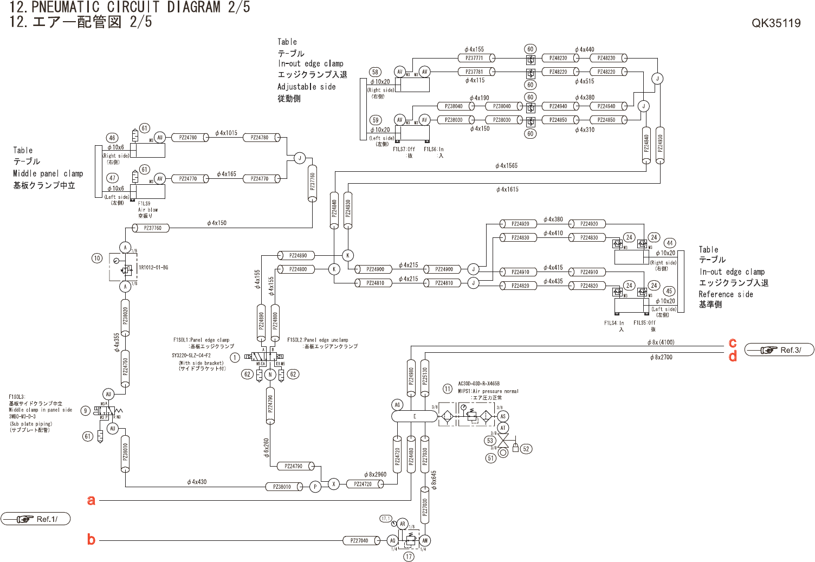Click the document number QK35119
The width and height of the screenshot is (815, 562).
click(x=775, y=23)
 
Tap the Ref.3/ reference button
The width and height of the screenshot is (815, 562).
click(x=779, y=350)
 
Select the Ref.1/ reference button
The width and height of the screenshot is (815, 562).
click(x=36, y=519)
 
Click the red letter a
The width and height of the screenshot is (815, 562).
click(x=91, y=500)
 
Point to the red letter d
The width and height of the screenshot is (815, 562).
click(x=733, y=357)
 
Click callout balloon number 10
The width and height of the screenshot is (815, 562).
click(x=97, y=258)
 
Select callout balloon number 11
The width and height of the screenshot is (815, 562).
click(x=448, y=389)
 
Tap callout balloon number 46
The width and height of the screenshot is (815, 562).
click(x=112, y=138)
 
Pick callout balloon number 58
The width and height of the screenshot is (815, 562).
click(x=375, y=72)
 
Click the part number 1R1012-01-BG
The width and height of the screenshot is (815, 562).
click(x=153, y=268)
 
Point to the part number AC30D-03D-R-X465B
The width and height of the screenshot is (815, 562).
click(x=479, y=384)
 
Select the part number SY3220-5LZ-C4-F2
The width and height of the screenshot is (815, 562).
click(x=191, y=356)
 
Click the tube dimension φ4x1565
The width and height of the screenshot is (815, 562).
click(x=506, y=166)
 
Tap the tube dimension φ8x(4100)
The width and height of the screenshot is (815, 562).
click(x=661, y=343)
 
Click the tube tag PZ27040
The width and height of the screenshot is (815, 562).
click(x=359, y=540)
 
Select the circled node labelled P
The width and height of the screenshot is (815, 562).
click(x=315, y=487)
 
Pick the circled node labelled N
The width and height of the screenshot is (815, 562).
click(x=270, y=374)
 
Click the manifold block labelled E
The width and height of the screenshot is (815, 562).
click(x=414, y=416)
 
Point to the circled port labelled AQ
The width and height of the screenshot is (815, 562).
click(x=393, y=540)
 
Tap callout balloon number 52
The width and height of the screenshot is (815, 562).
click(x=526, y=449)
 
